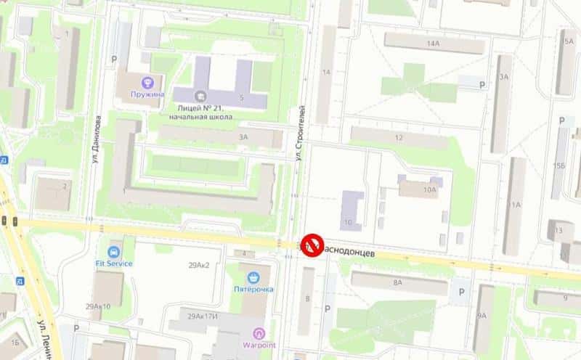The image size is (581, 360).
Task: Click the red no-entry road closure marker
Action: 312,245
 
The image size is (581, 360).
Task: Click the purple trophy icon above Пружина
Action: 148,83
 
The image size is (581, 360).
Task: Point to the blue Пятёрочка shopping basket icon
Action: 253,277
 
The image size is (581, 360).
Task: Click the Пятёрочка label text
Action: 253,290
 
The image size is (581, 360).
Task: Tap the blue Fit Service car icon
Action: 114,252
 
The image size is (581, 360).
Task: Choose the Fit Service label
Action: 114,263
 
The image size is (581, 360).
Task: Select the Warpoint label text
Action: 259,345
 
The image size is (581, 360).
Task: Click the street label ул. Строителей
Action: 298,133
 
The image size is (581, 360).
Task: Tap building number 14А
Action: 434,44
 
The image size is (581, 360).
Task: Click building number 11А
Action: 516,205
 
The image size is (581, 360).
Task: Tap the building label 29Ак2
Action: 198,266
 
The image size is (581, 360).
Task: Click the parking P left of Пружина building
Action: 113,59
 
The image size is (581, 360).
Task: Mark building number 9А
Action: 482,316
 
